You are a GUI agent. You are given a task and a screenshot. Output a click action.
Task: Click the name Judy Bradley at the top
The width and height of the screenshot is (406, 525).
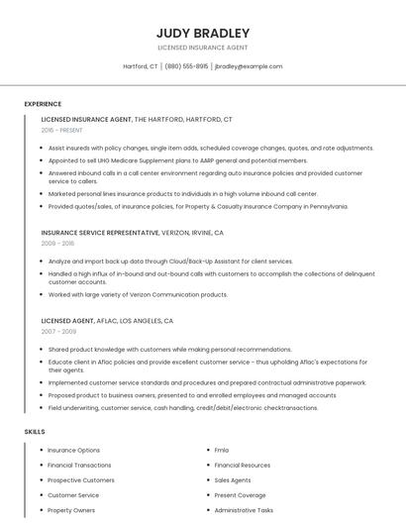(x=202, y=33)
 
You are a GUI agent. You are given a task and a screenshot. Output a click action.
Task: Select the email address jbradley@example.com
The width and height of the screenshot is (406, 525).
(x=248, y=66)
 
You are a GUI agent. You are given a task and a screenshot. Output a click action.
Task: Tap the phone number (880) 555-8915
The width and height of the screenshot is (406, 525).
(x=186, y=66)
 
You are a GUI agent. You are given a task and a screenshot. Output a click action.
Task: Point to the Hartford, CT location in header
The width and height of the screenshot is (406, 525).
(x=140, y=66)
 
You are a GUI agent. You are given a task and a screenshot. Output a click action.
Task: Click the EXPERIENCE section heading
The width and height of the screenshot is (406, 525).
(x=43, y=104)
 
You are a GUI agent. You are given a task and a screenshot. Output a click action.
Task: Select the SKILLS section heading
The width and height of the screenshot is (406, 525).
(x=35, y=432)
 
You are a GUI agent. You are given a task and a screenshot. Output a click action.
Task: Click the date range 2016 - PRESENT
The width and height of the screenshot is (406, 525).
(x=62, y=130)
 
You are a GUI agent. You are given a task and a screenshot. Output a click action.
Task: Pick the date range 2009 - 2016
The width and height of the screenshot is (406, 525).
(x=57, y=243)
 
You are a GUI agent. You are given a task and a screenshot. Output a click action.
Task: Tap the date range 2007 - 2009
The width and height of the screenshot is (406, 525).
(x=57, y=332)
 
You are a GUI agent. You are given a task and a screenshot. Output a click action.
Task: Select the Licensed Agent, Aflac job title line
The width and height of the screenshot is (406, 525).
(x=107, y=321)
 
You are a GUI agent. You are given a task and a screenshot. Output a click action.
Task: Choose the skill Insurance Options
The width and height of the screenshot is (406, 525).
(x=74, y=450)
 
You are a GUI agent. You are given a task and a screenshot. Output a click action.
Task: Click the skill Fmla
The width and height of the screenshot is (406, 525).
(x=222, y=450)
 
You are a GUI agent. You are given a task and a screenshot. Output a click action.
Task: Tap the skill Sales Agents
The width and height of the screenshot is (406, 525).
(x=233, y=479)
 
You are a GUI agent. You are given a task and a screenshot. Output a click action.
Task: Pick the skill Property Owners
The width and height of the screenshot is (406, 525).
(x=71, y=510)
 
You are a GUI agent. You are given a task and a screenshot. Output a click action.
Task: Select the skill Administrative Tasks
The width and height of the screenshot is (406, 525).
(x=244, y=510)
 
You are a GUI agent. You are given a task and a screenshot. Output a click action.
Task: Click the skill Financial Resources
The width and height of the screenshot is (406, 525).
(x=242, y=465)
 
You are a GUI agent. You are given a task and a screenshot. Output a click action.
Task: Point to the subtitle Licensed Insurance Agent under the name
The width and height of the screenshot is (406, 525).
(x=202, y=48)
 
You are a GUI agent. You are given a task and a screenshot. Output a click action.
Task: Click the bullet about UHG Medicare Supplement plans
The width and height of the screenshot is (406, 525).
(x=177, y=159)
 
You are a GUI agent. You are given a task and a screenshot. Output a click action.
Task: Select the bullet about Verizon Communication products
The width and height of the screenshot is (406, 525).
(x=138, y=294)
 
